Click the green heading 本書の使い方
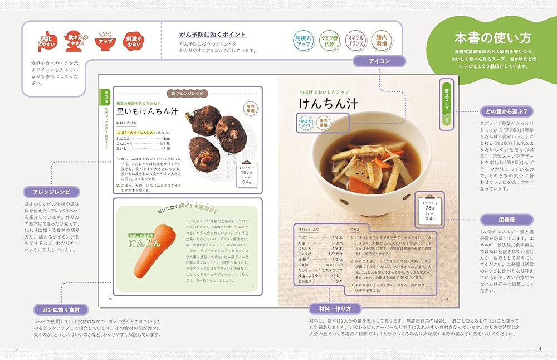492,38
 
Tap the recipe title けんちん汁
328,104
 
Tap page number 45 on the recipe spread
110,300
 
